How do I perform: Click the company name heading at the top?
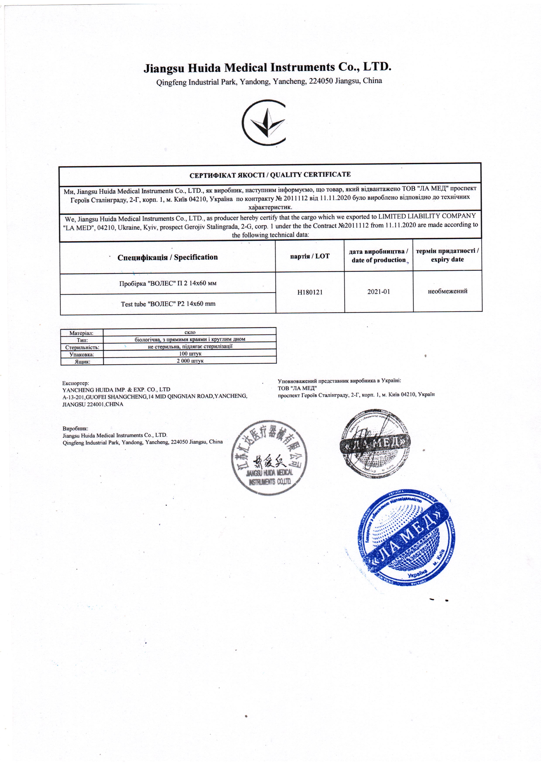point(267,68)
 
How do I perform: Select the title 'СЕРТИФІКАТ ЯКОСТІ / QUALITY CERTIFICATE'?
point(270,175)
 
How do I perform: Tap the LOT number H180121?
point(310,292)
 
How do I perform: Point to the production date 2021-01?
point(378,292)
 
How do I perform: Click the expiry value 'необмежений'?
point(447,291)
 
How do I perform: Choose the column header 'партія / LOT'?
point(310,256)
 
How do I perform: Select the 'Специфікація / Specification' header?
point(168,257)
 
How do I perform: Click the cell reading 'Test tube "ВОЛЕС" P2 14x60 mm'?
point(168,303)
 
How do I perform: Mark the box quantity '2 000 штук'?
point(190,361)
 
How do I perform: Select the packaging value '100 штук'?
point(190,354)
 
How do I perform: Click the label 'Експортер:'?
point(76,383)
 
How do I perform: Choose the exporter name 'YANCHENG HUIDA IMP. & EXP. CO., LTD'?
point(116,389)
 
